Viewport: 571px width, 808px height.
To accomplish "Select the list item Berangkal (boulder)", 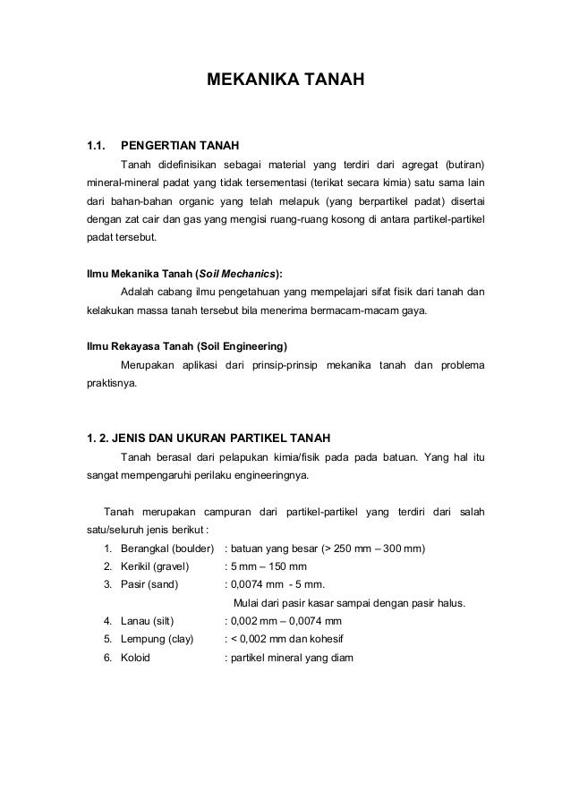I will click(167, 548).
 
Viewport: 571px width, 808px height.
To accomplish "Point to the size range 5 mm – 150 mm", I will click(268, 566).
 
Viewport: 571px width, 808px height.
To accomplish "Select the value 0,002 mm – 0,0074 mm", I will click(285, 621).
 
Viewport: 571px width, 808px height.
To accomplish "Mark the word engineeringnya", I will click(268, 475).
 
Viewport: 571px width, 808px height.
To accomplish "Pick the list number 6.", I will click(107, 658).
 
